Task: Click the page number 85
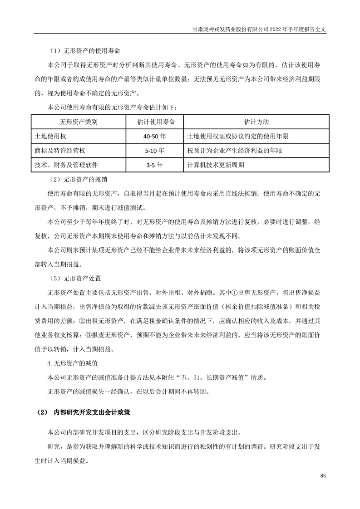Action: (x=323, y=475)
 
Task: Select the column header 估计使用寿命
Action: (x=155, y=122)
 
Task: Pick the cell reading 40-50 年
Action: (x=155, y=136)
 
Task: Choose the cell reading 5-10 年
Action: (x=155, y=151)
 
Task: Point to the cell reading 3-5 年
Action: (x=155, y=165)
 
